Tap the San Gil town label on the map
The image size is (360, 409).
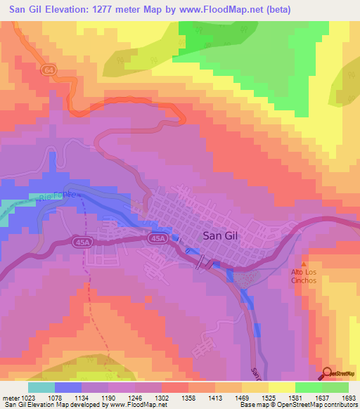pyautogui.click(x=220, y=236)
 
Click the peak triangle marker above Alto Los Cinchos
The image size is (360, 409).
pyautogui.click(x=304, y=263)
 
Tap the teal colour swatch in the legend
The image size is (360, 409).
pyautogui.click(x=41, y=387)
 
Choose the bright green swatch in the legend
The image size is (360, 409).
pyautogui.click(x=309, y=387)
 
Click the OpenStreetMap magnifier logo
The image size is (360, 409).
pyautogui.click(x=328, y=372)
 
